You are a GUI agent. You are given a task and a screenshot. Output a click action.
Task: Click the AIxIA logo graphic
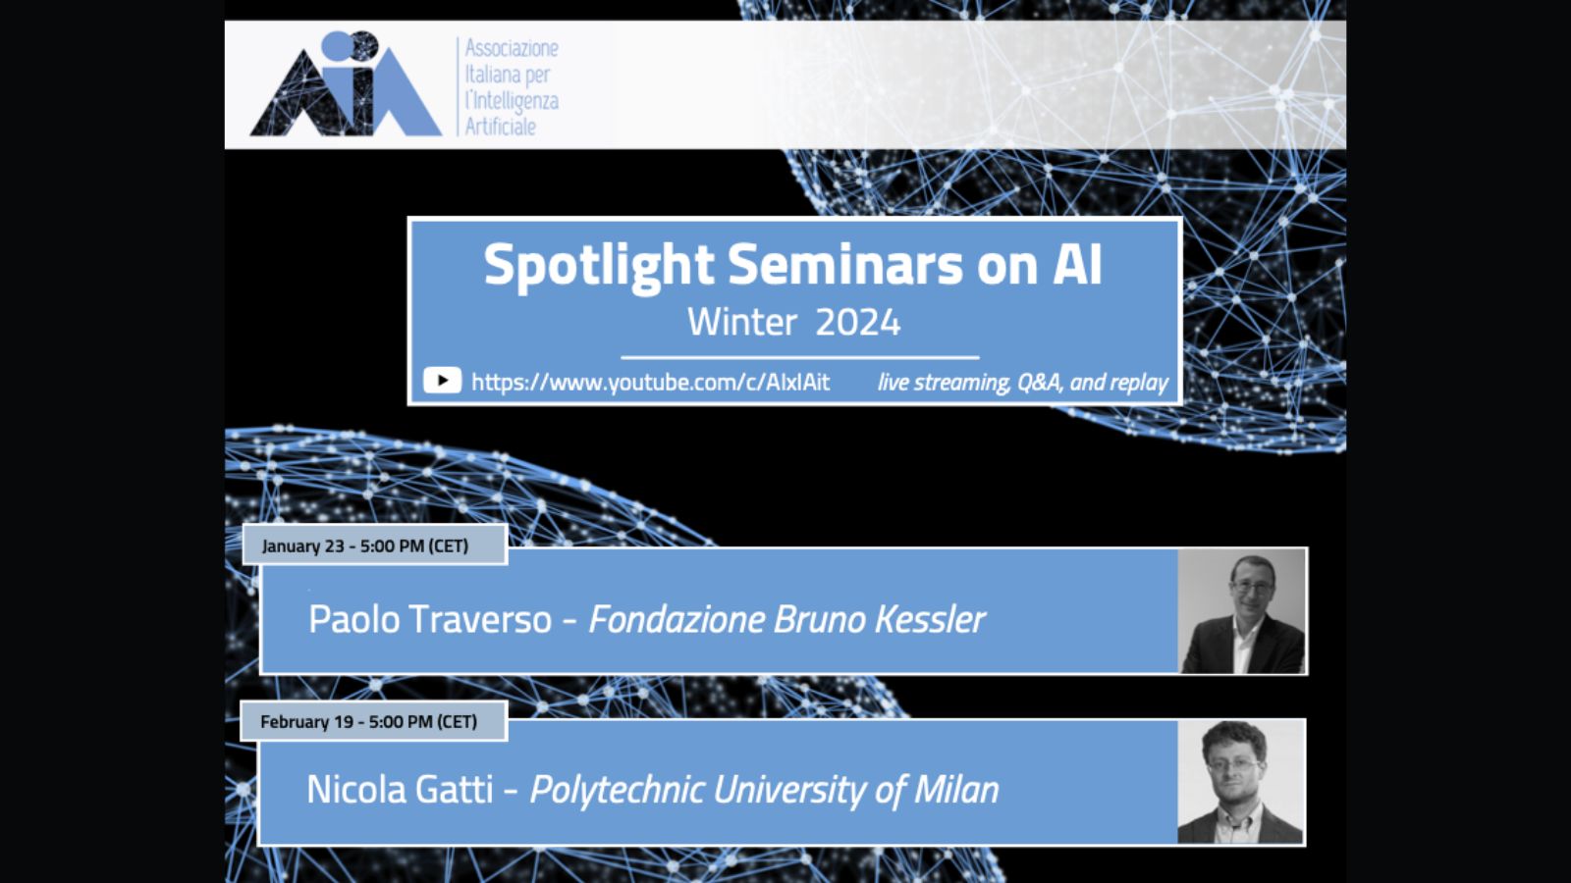point(346,83)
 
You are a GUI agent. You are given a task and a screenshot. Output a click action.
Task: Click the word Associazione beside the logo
point(512,48)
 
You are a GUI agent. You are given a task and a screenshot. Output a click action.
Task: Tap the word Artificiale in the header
point(500,127)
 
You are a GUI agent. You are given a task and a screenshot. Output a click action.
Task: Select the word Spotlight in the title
point(599,266)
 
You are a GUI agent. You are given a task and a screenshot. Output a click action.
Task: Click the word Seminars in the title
point(845,265)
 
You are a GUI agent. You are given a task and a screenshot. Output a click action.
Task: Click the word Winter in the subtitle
point(742,323)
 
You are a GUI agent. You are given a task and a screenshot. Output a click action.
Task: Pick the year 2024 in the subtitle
point(858,323)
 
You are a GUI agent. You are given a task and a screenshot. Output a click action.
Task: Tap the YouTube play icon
point(442,381)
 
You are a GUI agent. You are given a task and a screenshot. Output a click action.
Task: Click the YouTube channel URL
point(650,383)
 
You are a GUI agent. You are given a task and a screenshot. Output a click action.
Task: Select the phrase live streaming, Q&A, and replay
point(1022,383)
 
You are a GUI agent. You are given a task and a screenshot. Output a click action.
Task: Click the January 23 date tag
point(374,545)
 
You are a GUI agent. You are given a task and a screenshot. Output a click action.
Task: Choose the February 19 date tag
point(374,721)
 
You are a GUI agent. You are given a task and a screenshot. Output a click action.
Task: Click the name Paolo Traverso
point(430,619)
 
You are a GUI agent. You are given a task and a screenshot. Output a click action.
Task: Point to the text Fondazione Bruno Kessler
point(786,619)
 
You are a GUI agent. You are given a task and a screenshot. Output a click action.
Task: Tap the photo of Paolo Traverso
point(1241,611)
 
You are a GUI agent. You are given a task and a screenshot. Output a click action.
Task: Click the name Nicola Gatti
point(400,790)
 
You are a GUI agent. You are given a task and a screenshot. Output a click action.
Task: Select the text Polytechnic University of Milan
point(765,791)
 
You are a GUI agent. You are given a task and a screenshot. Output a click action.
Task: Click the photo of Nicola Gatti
point(1241,782)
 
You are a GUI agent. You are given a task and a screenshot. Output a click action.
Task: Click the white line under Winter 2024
point(799,357)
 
